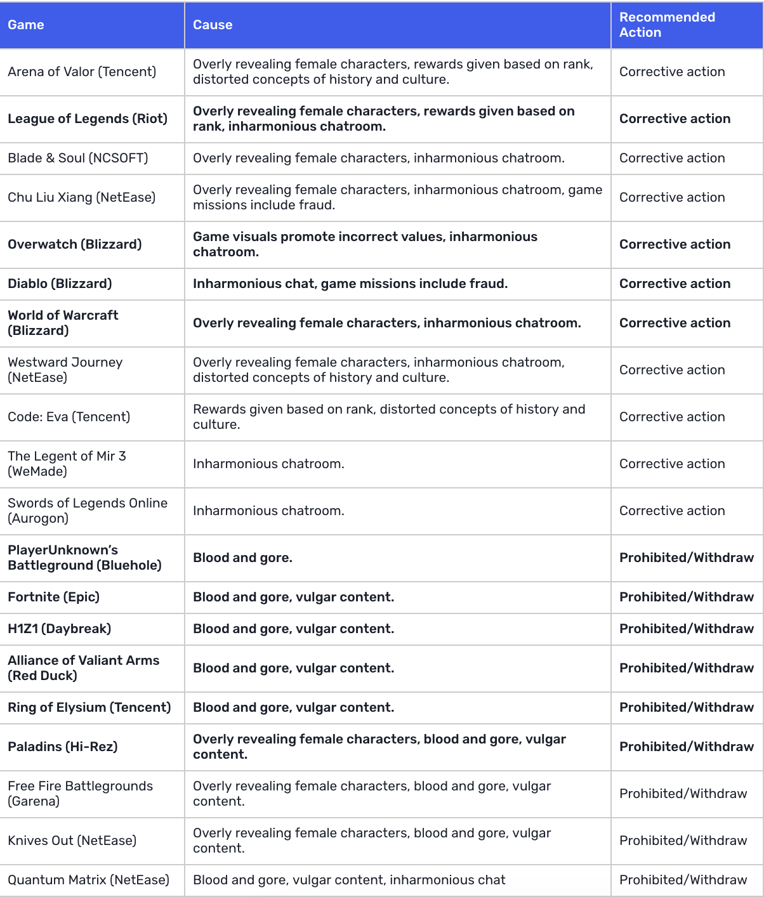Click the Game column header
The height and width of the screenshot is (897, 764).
[x=26, y=25]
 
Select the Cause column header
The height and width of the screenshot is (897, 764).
[x=213, y=25]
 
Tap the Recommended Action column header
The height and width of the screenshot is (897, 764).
[x=667, y=25]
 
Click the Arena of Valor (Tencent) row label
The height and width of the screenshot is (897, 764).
[x=82, y=72]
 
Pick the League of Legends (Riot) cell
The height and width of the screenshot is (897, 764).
[x=88, y=119]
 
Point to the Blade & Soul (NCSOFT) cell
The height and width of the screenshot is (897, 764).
[x=78, y=158]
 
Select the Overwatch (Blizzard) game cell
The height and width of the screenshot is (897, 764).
[x=75, y=244]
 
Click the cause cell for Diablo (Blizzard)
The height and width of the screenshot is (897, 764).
[x=350, y=284]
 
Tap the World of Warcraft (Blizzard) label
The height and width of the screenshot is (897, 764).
[x=63, y=323]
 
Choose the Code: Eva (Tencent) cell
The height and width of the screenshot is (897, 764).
[x=69, y=417]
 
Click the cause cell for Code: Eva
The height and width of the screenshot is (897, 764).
[x=389, y=417]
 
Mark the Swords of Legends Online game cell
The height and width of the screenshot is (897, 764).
[x=88, y=511]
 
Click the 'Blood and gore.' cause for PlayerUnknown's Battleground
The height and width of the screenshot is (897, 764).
[x=242, y=558]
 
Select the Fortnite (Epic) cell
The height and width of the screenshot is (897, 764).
[x=54, y=597]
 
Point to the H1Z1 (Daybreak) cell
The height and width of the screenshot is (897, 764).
[x=60, y=629]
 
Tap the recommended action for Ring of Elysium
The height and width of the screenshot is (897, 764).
[x=687, y=707]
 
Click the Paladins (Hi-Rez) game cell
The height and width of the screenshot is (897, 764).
[x=63, y=747]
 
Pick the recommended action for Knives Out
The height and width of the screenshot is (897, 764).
[x=683, y=841]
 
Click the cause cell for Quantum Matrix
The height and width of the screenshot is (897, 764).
[x=349, y=880]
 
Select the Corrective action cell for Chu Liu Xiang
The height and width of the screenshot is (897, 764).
[x=672, y=197]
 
